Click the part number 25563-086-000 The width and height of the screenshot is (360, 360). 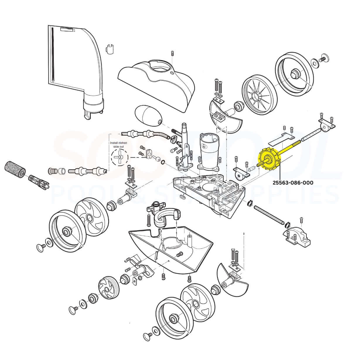tap(293, 182)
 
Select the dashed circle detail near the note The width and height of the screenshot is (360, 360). tap(120, 157)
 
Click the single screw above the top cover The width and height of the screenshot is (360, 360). tap(173, 53)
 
